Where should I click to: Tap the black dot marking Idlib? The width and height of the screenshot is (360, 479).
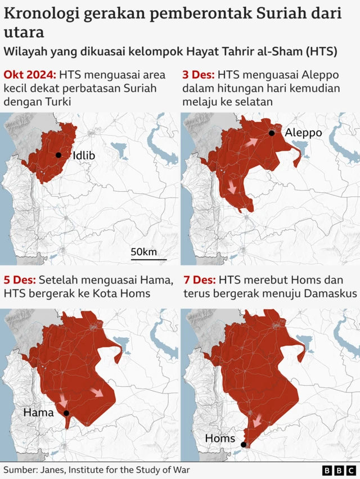pos(58,155)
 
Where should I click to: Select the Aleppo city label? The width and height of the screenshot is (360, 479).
pos(303,133)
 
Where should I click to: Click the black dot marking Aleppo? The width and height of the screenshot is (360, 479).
pos(272,133)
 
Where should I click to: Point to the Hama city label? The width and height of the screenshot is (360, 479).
pos(38,413)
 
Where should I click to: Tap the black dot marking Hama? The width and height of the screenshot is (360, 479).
pos(66,413)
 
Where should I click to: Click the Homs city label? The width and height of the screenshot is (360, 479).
pos(220,438)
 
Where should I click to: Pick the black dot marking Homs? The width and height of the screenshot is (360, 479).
pos(244,445)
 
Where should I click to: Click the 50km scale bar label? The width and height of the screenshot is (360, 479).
pos(144,251)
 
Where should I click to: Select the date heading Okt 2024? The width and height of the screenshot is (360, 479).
pos(29,75)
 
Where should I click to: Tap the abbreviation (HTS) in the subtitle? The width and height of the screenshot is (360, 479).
pos(320,52)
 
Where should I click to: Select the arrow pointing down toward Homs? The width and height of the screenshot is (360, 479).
pos(257,421)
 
